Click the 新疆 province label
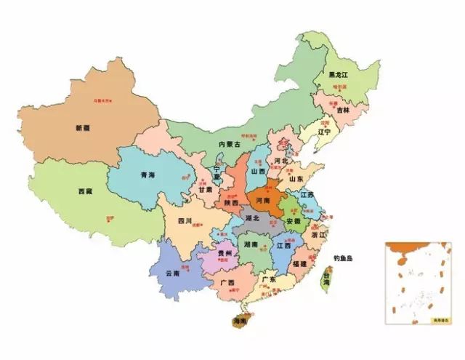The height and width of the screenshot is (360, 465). [82, 128]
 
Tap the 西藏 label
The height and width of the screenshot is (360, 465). [85, 192]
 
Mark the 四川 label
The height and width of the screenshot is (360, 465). [185, 220]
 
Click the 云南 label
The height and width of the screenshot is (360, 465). [172, 273]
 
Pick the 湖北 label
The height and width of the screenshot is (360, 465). [252, 217]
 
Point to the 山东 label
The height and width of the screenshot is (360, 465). [296, 178]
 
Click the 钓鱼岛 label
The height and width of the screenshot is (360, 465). [343, 258]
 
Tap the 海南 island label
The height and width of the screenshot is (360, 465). [239, 321]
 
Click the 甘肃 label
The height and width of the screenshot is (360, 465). [206, 189]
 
